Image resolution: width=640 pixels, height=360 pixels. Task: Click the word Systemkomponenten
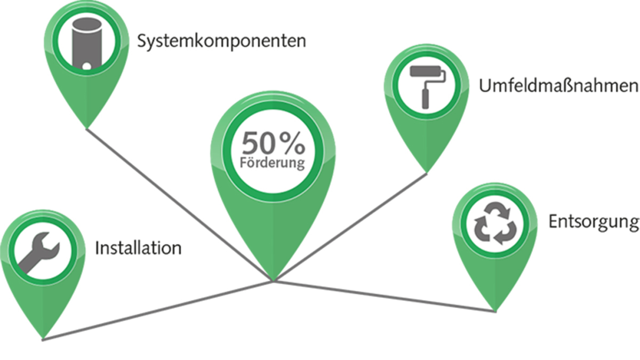221,42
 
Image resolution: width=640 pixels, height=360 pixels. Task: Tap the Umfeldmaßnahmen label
559,85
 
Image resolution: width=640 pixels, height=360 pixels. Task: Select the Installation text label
138,247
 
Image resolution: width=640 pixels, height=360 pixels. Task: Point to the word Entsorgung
594,222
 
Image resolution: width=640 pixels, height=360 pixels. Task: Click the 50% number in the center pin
274,143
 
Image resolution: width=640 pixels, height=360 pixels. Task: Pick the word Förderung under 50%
273,163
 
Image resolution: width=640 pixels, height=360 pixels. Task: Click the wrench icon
39,253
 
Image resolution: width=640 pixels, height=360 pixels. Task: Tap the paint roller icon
427,86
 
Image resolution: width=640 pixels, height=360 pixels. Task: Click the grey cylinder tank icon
86,43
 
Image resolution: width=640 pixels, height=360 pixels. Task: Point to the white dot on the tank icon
86,66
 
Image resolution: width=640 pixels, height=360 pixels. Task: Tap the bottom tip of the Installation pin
43,339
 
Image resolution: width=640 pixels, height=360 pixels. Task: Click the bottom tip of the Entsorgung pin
495,311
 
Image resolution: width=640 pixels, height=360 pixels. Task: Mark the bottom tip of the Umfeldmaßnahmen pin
427,172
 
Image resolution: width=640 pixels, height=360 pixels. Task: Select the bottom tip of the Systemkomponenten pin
86,128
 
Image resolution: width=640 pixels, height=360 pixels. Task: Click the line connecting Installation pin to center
158,310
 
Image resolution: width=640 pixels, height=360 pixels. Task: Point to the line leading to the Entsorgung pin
385,297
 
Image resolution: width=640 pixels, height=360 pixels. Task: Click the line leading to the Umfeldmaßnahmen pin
350,227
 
